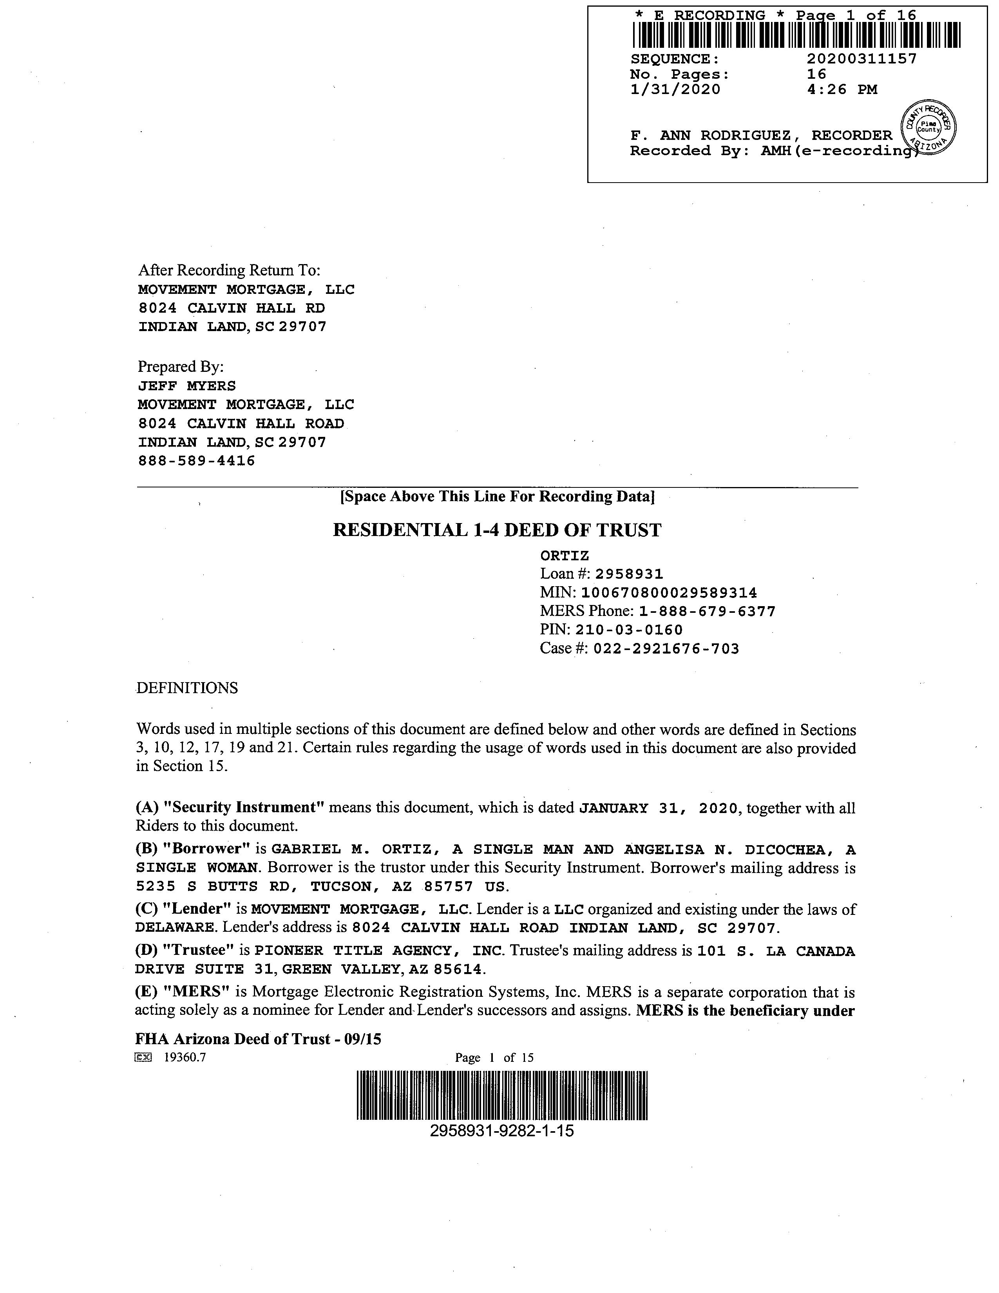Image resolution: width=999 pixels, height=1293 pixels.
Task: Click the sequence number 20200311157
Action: pos(862,59)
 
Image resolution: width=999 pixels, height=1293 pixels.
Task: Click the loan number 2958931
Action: pos(629,574)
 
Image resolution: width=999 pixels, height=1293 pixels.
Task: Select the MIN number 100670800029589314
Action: pos(669,592)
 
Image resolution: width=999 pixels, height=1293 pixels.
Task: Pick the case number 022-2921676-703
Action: pos(666,649)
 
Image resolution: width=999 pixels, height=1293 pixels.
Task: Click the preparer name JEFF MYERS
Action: pos(187,386)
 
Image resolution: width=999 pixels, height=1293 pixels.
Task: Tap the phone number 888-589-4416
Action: pos(197,461)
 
